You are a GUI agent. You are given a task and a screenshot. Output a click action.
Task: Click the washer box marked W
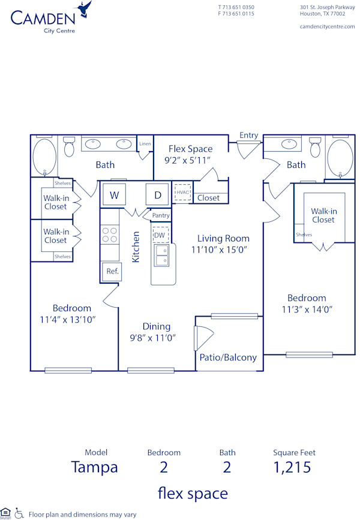pyautogui.click(x=113, y=194)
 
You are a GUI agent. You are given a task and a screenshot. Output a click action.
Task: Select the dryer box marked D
pyautogui.click(x=158, y=194)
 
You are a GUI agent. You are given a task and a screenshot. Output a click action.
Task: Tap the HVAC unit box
pyautogui.click(x=182, y=192)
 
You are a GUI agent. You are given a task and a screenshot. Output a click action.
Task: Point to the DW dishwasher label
pyautogui.click(x=160, y=235)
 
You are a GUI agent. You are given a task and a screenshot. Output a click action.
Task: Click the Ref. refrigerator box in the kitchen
pyautogui.click(x=112, y=271)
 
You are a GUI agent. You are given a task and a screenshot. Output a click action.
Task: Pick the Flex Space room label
pyautogui.click(x=190, y=149)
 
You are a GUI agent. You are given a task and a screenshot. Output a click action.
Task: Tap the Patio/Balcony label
pyautogui.click(x=228, y=357)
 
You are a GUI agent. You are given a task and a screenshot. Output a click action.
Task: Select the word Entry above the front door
pyautogui.click(x=248, y=135)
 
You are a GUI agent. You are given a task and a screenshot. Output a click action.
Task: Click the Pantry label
pyautogui.click(x=161, y=215)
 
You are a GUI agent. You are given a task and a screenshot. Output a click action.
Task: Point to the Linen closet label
pyautogui.click(x=145, y=144)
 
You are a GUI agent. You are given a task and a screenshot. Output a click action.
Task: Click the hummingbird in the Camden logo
pyautogui.click(x=85, y=10)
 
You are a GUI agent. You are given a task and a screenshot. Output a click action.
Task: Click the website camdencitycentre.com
pyautogui.click(x=327, y=27)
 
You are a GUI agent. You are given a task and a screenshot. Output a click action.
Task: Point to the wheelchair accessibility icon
pyautogui.click(x=19, y=513)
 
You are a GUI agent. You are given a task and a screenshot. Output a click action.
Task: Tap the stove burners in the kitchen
pyautogui.click(x=110, y=235)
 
